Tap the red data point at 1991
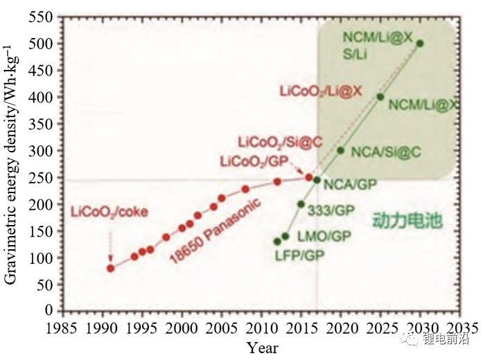coord(111,267)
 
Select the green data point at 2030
coord(419,43)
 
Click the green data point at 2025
coord(380,96)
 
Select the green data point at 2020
coord(340,150)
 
